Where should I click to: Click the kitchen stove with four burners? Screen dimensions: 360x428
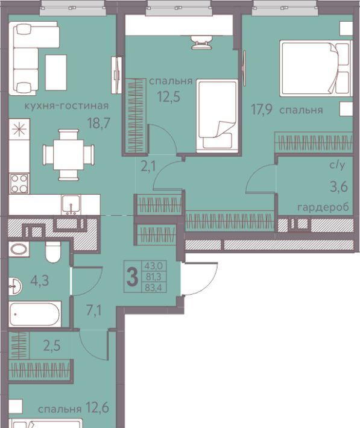[x=19, y=183]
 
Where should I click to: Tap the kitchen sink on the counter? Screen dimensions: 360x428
[x=71, y=205]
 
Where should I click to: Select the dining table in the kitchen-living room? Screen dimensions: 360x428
[x=68, y=155]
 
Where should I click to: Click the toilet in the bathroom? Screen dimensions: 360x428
[x=53, y=251]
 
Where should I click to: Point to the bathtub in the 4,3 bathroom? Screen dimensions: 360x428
[x=35, y=314]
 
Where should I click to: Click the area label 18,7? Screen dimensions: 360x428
[x=99, y=123]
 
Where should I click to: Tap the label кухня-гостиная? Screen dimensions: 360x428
[x=67, y=105]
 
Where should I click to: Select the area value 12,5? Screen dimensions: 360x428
[x=169, y=96]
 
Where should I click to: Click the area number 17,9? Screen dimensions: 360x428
[x=262, y=110]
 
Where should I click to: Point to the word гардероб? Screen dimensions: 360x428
[x=323, y=208]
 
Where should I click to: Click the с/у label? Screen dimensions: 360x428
[x=338, y=165]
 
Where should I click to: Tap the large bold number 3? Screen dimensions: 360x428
[x=133, y=277]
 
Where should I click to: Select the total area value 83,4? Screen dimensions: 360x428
[x=154, y=288]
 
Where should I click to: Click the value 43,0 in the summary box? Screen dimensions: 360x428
[x=154, y=265]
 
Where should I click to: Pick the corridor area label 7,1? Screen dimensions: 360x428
[x=94, y=310]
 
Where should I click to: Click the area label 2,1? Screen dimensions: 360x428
[x=148, y=166]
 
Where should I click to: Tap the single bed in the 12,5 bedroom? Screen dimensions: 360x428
[x=218, y=116]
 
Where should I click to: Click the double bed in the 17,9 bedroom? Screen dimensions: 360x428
[x=316, y=68]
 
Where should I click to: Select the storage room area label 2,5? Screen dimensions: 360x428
[x=52, y=346]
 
